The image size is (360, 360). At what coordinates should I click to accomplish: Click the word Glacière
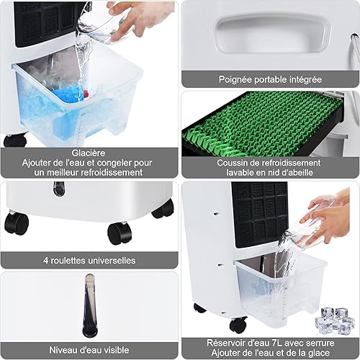coord(89,153)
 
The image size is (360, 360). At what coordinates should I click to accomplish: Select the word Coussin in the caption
coord(231,163)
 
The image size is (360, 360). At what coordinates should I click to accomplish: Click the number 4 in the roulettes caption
coord(45,261)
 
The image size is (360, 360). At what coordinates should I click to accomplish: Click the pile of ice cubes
coord(335,320)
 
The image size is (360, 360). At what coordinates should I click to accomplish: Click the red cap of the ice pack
coord(86,94)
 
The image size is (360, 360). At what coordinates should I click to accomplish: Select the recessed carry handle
coord(272,35)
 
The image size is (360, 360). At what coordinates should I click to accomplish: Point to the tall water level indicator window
coord(89,305)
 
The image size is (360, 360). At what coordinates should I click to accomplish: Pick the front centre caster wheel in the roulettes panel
coord(120,233)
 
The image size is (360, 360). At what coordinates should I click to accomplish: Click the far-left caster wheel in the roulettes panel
coord(17,223)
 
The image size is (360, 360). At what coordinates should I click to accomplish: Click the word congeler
coord(114,163)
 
